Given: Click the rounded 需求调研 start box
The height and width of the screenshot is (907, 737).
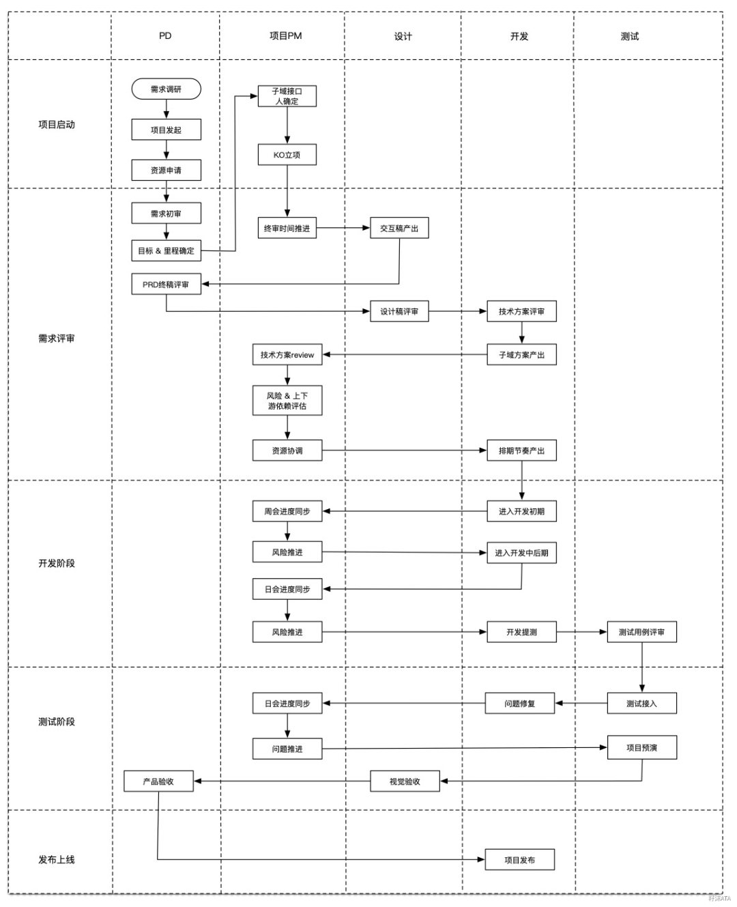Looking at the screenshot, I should pos(166,89).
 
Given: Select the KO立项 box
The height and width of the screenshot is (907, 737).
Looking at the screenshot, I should pos(287,155).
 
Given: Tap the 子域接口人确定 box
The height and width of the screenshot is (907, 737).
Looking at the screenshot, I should pos(287,96).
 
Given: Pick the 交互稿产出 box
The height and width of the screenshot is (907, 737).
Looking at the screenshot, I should pos(399,228).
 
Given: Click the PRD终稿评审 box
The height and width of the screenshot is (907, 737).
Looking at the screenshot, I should pos(166,284).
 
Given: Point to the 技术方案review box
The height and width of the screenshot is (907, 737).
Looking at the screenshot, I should pos(287,355).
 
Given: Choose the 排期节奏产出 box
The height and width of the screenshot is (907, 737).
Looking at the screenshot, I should pos(521,450).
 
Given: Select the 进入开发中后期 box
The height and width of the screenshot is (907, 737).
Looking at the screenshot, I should pos(521,553).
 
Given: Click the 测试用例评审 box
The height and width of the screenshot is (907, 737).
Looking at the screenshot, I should pos(641,632).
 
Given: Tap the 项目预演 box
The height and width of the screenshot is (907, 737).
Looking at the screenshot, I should pos(641,747).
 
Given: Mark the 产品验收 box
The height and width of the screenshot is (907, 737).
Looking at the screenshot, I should pos(158,781).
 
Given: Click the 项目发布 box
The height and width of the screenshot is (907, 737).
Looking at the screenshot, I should pos(519,860).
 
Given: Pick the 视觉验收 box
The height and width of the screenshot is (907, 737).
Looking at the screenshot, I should pos(405,781).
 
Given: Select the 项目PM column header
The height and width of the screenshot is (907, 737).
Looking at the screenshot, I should pos(285,35).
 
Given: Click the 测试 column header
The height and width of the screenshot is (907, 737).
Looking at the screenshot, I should pos(629,36).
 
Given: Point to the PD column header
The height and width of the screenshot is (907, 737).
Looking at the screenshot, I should pos(165,35).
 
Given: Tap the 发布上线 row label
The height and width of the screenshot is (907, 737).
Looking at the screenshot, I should pos(57,860).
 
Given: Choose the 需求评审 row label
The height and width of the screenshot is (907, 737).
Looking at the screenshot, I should pos(57,339).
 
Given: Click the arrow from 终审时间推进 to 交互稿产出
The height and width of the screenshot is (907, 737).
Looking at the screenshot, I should pos(343,228).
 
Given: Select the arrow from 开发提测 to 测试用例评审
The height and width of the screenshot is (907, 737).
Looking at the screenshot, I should pos(581,632).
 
